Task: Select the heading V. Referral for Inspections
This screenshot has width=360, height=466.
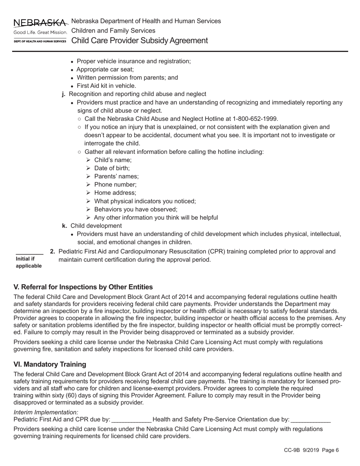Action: click(x=83, y=287)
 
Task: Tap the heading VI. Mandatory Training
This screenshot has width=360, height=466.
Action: click(x=50, y=364)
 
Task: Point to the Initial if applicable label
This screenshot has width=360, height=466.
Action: click(x=28, y=262)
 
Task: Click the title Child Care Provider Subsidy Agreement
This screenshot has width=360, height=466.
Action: click(x=139, y=41)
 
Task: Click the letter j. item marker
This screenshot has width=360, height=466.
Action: click(x=64, y=94)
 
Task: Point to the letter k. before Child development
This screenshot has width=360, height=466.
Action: click(x=64, y=226)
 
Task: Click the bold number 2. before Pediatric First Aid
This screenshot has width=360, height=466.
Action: click(x=53, y=251)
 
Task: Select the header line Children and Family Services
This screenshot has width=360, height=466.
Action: click(x=113, y=30)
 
